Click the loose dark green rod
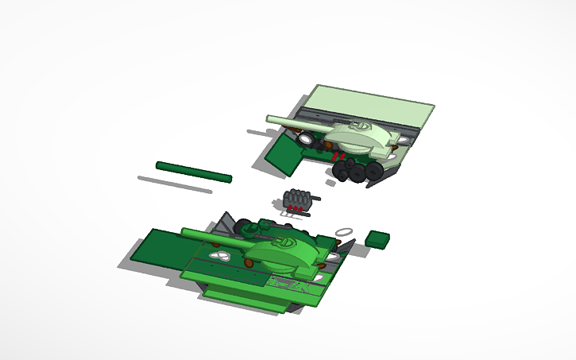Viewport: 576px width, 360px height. click(x=193, y=172)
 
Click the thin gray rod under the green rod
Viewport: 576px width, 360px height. click(x=174, y=184)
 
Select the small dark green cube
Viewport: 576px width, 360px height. click(x=378, y=239)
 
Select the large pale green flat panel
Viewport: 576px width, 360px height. click(x=370, y=106)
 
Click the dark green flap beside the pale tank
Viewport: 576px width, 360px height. click(x=282, y=155)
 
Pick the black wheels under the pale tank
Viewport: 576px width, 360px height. click(x=356, y=171)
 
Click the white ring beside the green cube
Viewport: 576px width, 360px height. click(x=344, y=231)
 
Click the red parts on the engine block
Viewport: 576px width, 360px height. click(x=296, y=208)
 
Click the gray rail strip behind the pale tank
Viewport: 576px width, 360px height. click(x=413, y=127)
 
